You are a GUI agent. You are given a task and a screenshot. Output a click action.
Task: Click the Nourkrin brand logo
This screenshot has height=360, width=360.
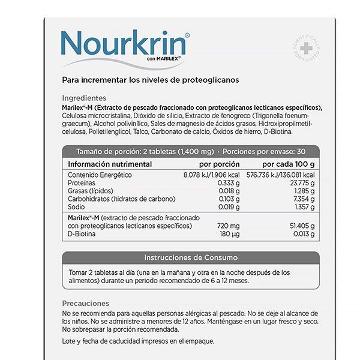125,44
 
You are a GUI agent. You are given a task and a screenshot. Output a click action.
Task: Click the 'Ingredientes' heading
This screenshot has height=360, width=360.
84,98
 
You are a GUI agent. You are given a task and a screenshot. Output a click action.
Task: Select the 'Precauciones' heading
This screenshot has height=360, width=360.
86,304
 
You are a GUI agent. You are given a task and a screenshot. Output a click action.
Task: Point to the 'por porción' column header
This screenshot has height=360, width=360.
219,164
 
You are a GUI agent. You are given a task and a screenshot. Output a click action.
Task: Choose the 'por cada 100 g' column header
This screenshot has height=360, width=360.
289,164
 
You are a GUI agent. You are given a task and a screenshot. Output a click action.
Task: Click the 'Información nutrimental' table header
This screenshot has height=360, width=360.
109,164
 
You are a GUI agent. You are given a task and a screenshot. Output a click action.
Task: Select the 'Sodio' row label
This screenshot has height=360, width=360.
77,206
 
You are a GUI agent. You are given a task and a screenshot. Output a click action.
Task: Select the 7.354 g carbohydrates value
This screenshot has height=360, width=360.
304,199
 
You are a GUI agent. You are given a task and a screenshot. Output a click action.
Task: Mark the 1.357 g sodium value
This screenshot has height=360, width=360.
304,206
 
